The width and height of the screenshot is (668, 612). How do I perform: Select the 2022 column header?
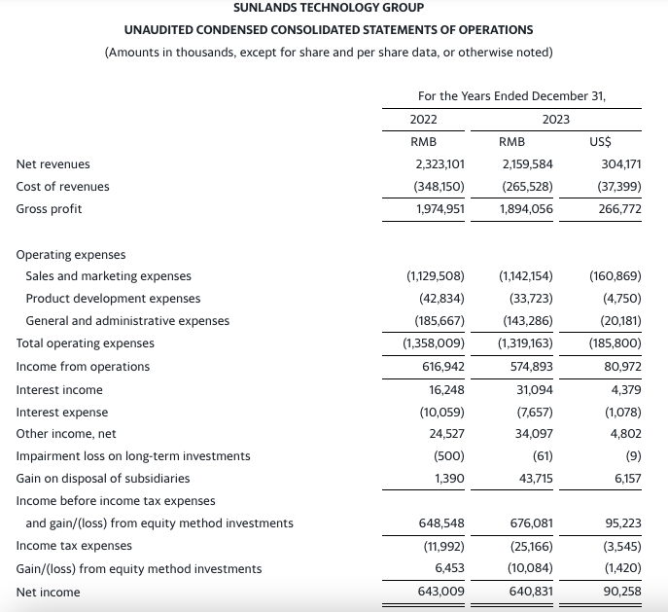(x=423, y=119)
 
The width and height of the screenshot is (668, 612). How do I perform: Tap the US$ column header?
(x=601, y=141)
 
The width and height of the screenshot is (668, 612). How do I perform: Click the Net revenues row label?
(x=53, y=164)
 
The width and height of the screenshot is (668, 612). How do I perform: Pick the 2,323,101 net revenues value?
(x=439, y=164)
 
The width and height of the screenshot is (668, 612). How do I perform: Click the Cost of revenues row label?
(x=63, y=186)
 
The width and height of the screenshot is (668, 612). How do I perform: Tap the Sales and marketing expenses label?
(x=109, y=275)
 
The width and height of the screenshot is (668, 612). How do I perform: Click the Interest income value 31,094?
(x=533, y=388)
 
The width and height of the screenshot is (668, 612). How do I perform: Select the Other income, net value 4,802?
(x=622, y=433)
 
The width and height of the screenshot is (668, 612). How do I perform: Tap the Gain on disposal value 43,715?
(x=533, y=478)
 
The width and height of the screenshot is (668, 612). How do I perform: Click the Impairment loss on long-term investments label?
(x=133, y=455)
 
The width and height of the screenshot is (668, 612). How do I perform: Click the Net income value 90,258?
(x=620, y=591)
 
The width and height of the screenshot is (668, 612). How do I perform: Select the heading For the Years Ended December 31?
(x=511, y=95)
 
